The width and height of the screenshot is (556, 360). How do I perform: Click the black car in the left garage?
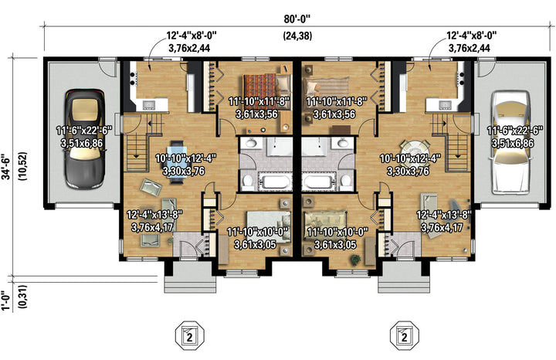coord(85,138)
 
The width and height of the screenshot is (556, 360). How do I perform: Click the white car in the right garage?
coord(511,142)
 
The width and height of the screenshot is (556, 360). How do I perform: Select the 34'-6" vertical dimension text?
coord(7,167)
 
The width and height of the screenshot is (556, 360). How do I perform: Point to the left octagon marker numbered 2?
coord(190,335)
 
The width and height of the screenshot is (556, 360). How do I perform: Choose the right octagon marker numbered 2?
coord(404,335)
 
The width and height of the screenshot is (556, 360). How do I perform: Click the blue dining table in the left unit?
coord(177,161)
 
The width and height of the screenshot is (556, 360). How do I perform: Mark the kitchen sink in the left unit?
coord(149,104)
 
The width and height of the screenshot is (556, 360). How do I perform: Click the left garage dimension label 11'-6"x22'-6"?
coord(84,131)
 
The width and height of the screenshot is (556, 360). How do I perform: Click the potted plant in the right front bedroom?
coord(354,260)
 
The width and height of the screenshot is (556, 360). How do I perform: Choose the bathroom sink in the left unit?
coord(251,143)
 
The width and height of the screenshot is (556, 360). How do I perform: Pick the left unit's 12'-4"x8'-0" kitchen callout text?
coord(192,35)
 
